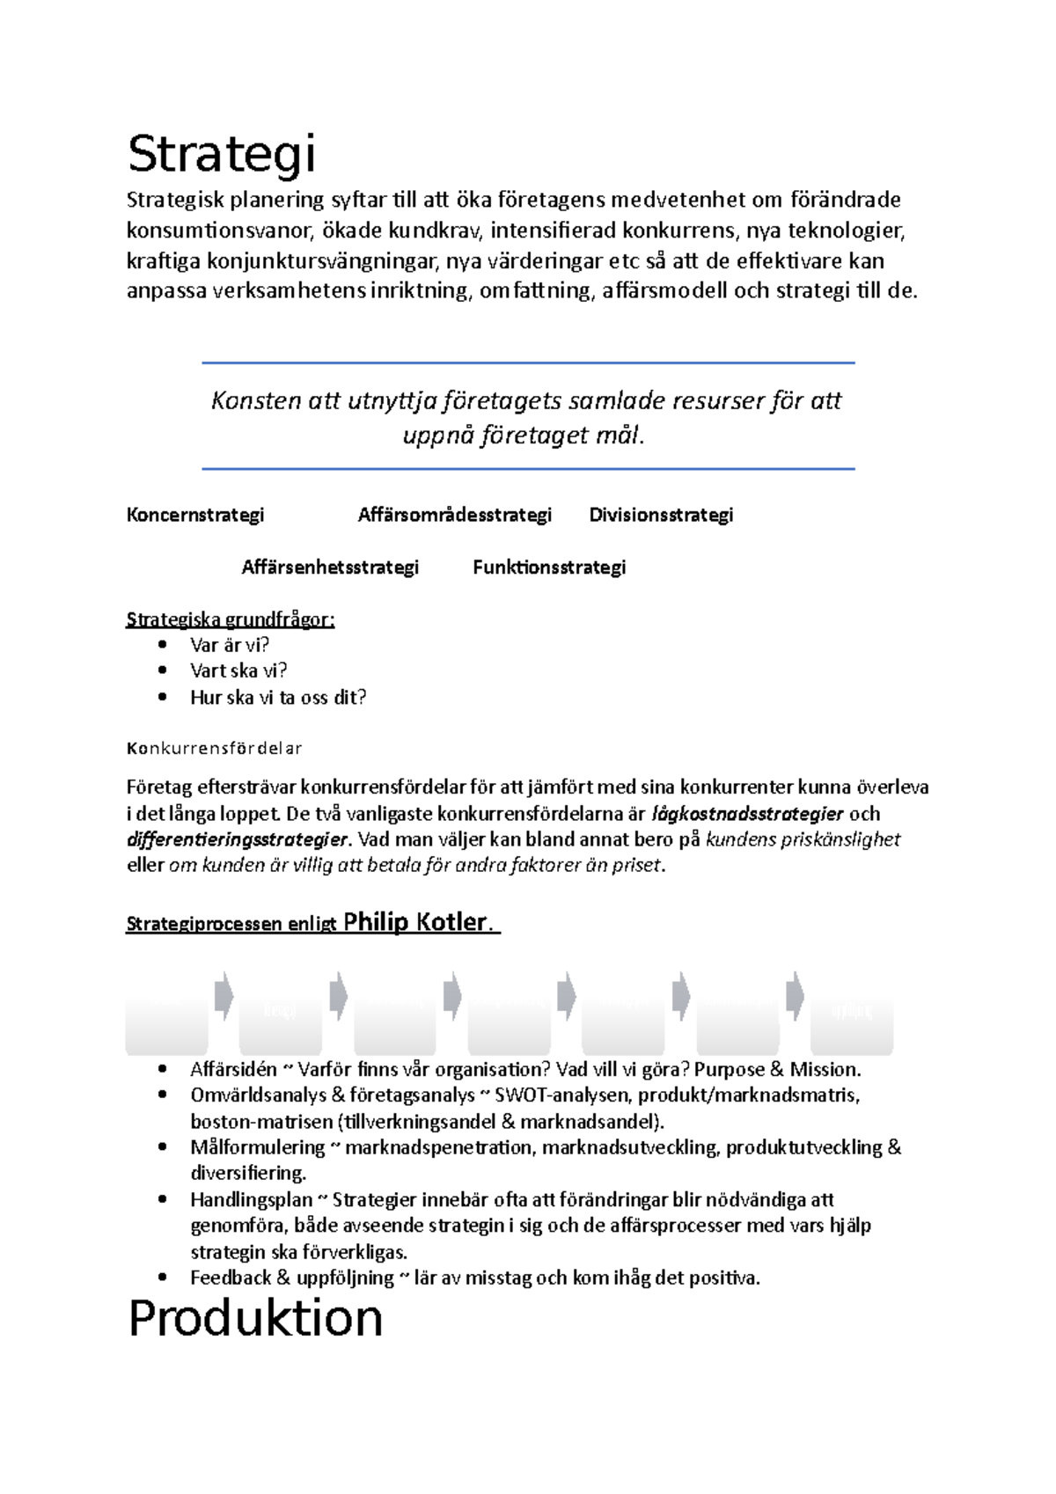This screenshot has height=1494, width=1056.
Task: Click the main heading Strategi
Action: (x=221, y=155)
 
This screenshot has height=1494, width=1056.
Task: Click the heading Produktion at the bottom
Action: (x=255, y=1319)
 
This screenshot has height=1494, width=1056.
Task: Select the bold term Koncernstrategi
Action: (x=195, y=515)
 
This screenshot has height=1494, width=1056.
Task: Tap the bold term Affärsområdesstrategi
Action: (x=454, y=515)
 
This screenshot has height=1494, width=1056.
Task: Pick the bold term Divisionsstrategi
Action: (x=661, y=515)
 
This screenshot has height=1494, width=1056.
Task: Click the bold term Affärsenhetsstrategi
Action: (x=330, y=568)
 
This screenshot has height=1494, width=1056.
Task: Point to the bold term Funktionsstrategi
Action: (x=549, y=568)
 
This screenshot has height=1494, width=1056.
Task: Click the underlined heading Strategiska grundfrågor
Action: (x=231, y=619)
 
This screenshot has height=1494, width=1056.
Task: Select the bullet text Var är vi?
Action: (x=230, y=645)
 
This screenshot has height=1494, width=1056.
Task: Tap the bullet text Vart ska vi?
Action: (x=238, y=670)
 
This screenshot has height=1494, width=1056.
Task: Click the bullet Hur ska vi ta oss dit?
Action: (x=278, y=698)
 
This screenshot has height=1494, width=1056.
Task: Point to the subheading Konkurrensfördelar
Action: (x=214, y=749)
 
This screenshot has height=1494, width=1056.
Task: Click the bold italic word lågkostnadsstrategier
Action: (x=747, y=814)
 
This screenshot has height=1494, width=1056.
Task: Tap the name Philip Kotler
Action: (x=415, y=922)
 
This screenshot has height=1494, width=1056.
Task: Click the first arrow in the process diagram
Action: (x=224, y=996)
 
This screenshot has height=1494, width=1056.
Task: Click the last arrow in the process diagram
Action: (x=796, y=996)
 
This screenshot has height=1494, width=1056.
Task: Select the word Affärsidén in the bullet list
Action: (x=233, y=1070)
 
